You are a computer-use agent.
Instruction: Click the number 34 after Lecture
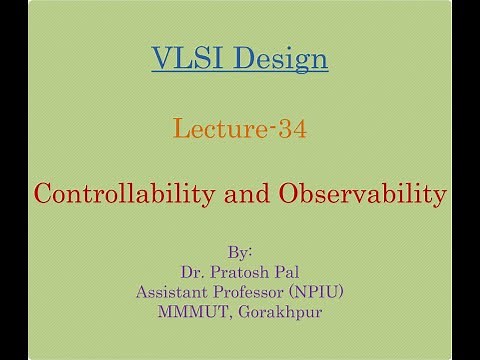[x=288, y=128]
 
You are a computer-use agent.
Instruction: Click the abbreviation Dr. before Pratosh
[x=192, y=270]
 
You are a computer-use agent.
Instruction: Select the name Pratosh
[x=237, y=270]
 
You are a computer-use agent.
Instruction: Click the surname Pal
[x=285, y=270]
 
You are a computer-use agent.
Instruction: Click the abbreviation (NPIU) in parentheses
[x=314, y=291]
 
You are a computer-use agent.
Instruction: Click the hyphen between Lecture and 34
[x=270, y=129]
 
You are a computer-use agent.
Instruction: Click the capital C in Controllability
[x=44, y=193]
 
